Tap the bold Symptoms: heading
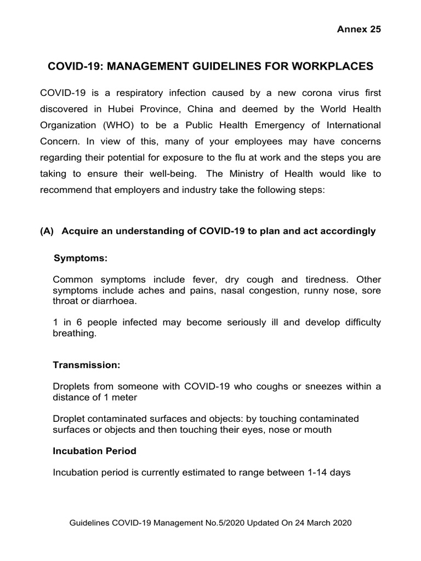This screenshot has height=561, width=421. coord(80,257)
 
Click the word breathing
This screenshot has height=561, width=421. coord(74,333)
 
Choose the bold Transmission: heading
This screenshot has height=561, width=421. coord(86,364)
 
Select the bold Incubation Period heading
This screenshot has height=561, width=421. coord(94,451)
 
